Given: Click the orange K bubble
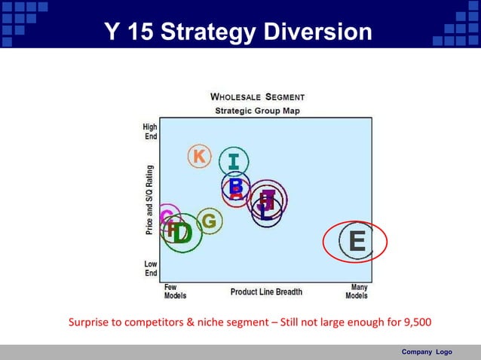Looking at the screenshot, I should [199, 156].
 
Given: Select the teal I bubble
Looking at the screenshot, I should [234, 161].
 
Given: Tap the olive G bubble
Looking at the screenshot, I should [209, 221].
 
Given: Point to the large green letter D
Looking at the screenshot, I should [182, 233].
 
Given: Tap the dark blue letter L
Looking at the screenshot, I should [265, 212].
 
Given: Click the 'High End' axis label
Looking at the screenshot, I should [150, 132].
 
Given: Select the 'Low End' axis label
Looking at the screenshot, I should [151, 269].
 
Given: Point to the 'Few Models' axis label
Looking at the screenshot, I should [175, 291].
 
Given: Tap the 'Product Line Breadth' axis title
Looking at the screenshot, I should [266, 291].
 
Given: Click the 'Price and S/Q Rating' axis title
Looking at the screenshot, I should [150, 200].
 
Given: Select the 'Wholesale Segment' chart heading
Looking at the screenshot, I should [257, 97].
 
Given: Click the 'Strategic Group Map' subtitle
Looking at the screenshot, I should [257, 110].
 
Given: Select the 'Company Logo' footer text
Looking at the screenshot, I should [427, 352].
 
